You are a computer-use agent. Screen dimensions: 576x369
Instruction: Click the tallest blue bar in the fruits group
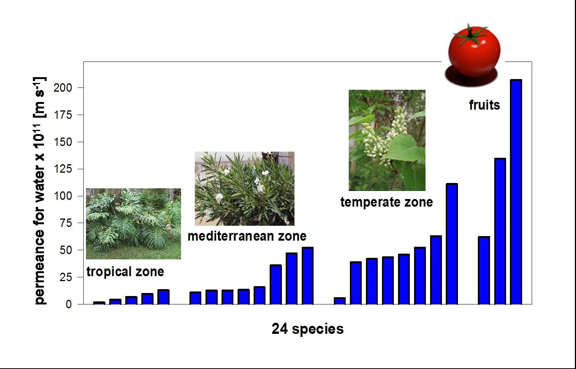pos(516,192)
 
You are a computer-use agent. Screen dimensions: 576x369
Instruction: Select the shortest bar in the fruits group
pos(484,270)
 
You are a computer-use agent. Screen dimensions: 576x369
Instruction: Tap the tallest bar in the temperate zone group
pos(452,244)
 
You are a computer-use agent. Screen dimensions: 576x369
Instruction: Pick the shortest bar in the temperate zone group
pos(340,301)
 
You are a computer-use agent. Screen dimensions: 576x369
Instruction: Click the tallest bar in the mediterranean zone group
pos(307,276)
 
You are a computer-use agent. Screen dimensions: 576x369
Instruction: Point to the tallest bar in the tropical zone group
pos(163,297)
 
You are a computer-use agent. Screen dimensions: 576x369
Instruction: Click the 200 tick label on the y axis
pos(63,88)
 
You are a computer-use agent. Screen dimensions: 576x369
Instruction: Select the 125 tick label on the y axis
pos(63,169)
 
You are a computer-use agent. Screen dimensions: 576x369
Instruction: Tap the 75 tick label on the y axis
pos(66,223)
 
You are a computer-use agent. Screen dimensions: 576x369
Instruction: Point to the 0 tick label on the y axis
pos(69,304)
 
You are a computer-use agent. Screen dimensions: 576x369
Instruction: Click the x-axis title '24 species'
pos(307,329)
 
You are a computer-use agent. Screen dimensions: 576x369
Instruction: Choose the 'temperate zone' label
pos(387,202)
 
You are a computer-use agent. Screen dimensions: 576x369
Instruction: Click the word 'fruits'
pos(484,105)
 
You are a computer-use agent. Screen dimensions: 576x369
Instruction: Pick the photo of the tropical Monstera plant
pos(133,224)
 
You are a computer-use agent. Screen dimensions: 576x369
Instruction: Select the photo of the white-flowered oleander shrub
pos(244,188)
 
